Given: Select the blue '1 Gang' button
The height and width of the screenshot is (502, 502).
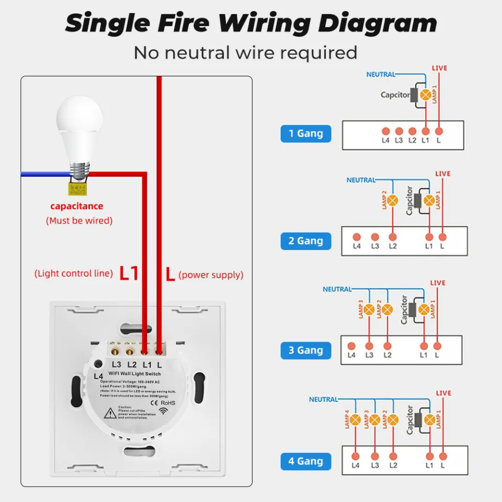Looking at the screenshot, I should pos(306,133).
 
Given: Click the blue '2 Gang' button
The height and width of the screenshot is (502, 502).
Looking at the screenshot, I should pos(306,241).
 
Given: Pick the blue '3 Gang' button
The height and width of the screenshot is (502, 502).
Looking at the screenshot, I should pos(306,350).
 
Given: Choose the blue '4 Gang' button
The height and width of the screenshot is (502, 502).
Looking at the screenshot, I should pos(306,461).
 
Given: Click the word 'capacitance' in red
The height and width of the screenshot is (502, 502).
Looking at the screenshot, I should pos(77,206).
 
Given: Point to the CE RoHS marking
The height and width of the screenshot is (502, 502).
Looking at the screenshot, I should pos(163,403).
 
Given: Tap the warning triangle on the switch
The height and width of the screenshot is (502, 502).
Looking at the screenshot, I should pos(110,414).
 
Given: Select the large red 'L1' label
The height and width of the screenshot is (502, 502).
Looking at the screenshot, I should pos(129,273).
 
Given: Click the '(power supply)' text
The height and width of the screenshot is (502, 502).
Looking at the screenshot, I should pos(211,275).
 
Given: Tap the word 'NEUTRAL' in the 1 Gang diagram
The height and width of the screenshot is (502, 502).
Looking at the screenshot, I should pos(381,75).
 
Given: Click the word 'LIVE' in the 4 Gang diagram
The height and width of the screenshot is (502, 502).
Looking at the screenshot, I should pos(443,393).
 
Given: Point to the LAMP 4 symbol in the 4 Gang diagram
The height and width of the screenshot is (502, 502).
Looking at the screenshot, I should pos(356,419).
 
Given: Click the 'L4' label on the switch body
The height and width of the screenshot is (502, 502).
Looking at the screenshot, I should pos(98,376).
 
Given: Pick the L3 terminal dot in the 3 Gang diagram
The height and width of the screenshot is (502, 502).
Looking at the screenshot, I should pos(369,346).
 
